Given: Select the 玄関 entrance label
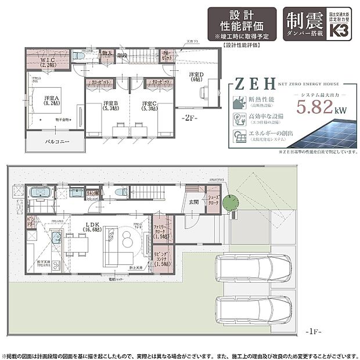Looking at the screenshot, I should coord(192,202).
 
